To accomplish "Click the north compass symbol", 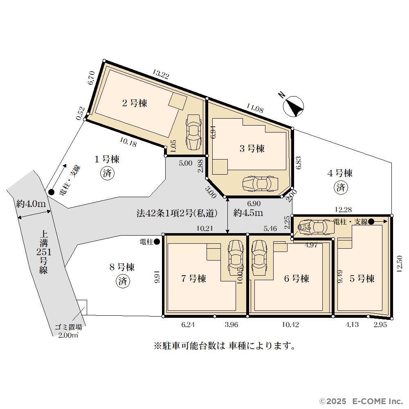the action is (293, 106).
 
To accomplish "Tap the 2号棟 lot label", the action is (135, 103).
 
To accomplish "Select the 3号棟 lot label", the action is (252, 149).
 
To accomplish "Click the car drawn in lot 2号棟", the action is (193, 132).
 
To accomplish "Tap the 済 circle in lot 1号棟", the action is (108, 173).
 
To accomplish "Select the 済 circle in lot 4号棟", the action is (341, 187).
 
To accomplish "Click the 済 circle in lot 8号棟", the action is (123, 281).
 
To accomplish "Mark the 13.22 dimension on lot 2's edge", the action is (161, 74).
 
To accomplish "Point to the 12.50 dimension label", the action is (400, 264).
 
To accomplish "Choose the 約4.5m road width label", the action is (248, 213).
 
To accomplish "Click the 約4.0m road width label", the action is (31, 204).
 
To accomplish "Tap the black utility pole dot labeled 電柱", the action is (157, 242).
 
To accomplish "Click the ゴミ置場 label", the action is (68, 327).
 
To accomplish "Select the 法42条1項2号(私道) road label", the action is (177, 213).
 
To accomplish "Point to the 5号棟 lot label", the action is (362, 279).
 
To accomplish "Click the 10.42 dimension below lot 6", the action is (290, 324).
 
